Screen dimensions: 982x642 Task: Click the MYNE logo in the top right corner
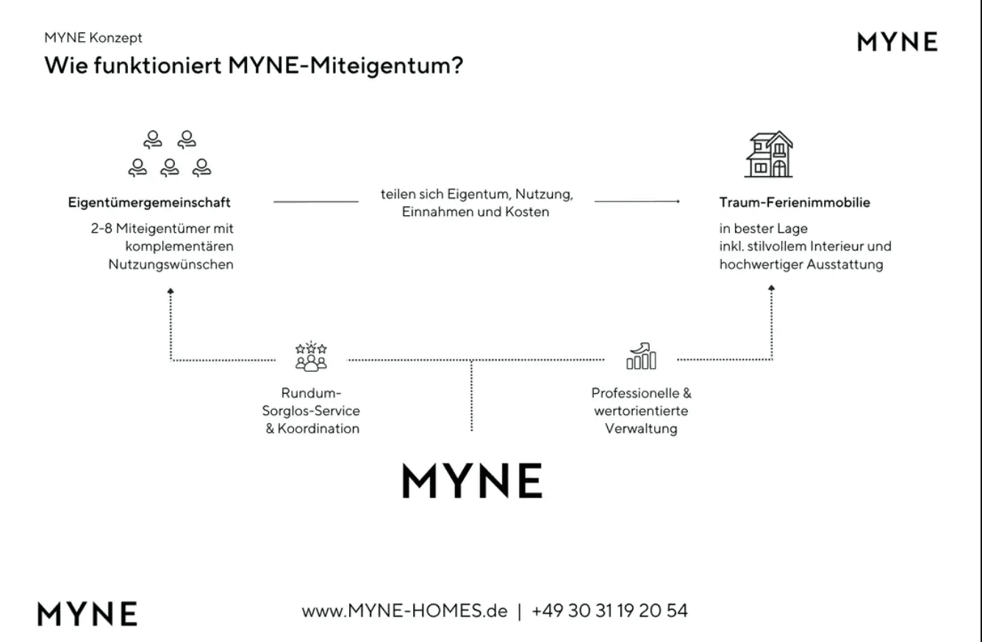pos(897,42)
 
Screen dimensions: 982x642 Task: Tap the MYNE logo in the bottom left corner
pos(87,613)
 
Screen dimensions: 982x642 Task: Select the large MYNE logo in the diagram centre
pos(472,480)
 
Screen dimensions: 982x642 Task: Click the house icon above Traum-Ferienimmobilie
pos(769,154)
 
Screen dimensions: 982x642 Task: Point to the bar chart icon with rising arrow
pos(641,356)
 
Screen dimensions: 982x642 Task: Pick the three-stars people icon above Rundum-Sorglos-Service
pos(311,356)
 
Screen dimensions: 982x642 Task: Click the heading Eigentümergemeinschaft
pos(149,203)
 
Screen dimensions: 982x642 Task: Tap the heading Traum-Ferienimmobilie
pos(795,203)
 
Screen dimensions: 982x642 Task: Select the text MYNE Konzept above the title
pos(93,37)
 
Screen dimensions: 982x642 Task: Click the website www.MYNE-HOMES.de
pos(405,611)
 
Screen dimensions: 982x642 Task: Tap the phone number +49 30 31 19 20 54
pos(610,611)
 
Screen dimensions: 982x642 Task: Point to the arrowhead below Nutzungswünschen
pos(171,291)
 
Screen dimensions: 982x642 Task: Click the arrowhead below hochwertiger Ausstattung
pos(772,288)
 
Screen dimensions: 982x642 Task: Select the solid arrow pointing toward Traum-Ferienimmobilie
pos(637,201)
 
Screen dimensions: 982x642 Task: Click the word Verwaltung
pos(641,428)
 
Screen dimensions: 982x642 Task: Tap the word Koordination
pos(318,428)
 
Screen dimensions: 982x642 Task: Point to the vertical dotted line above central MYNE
pos(472,396)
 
